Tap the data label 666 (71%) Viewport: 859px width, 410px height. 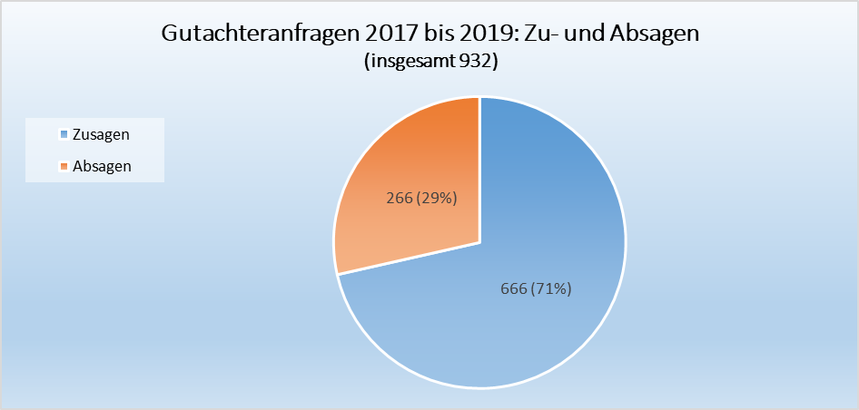pos(536,289)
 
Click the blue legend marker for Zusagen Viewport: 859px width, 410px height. pos(64,135)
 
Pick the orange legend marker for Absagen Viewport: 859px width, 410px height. pos(64,166)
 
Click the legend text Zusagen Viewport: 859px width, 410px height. pos(100,134)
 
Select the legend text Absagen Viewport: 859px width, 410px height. pos(102,166)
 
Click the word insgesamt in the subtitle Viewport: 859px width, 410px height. pos(415,63)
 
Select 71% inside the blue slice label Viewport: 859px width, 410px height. pos(553,289)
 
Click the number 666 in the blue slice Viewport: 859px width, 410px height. pos(515,289)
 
